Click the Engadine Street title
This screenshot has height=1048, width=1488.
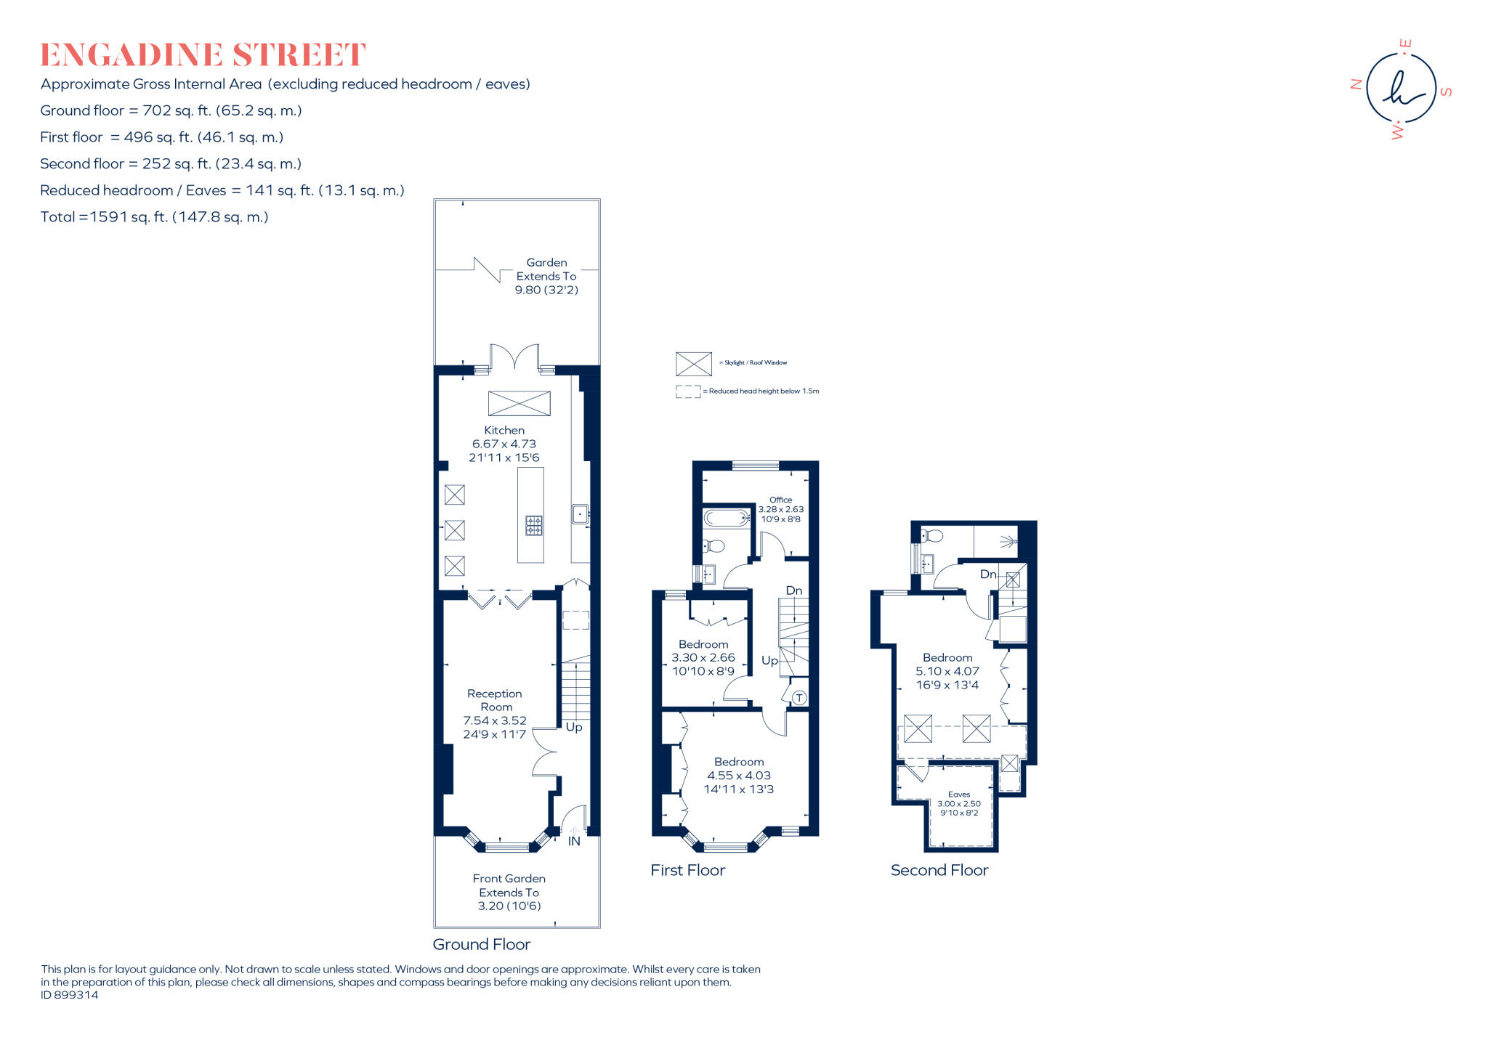(x=203, y=55)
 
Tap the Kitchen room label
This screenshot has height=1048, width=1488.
(x=504, y=430)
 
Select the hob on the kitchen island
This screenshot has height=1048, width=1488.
(x=534, y=525)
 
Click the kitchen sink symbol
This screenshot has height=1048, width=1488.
(x=580, y=514)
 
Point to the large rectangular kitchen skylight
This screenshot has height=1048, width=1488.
(x=519, y=403)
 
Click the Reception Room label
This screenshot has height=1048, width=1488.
(x=495, y=700)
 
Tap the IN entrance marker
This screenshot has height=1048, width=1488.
(x=574, y=841)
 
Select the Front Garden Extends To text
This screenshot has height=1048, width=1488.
(x=509, y=885)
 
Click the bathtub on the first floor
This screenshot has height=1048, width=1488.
(x=726, y=518)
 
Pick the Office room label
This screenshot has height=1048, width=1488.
(x=780, y=500)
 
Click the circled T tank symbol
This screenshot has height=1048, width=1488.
(x=799, y=698)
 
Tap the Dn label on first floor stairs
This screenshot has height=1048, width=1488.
(x=794, y=590)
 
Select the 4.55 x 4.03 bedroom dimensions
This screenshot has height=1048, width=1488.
(x=739, y=776)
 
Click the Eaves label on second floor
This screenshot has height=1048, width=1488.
(x=959, y=795)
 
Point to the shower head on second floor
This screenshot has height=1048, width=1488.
(x=1008, y=541)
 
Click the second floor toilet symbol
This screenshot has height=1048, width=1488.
(x=933, y=536)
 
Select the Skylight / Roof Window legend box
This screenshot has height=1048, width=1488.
(x=693, y=363)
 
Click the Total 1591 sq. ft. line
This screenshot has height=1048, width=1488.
(x=154, y=216)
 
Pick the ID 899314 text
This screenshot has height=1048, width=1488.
(x=70, y=995)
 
